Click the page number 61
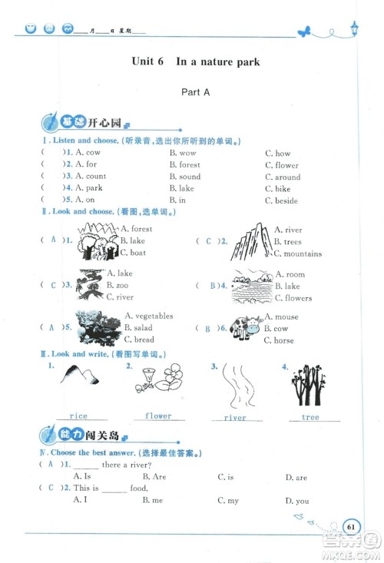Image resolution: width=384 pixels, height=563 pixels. coord(351,526)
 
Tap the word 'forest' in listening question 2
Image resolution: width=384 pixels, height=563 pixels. coord(189,164)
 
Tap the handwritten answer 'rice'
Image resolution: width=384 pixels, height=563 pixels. coord(78,416)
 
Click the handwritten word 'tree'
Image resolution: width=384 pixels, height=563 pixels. coord(310,417)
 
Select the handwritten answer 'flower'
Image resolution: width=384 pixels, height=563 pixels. coord(158,416)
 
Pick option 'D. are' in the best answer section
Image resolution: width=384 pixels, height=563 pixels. coord(296,477)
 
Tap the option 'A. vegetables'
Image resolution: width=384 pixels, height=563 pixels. coord(149,316)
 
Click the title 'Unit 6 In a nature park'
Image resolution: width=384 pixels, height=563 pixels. coord(195,61)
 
